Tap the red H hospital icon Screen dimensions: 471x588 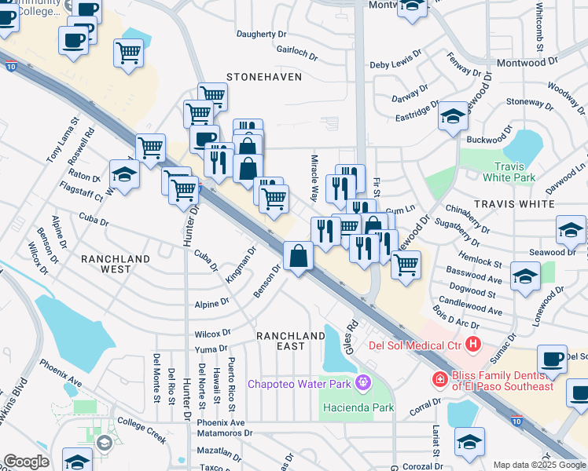click(x=473, y=344)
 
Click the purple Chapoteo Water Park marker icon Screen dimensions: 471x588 click(x=362, y=383)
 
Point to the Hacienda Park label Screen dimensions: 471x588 click(x=358, y=407)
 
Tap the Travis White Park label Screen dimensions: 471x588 click(x=515, y=172)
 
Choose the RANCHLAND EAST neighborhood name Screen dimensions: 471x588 click(x=291, y=341)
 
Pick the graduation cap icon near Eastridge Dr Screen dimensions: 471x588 click(x=453, y=116)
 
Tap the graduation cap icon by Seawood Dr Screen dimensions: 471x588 click(x=571, y=229)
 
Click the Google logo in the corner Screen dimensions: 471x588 click(x=26, y=462)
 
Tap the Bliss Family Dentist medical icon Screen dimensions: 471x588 click(x=440, y=380)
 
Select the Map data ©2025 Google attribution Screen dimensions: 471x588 click(x=539, y=465)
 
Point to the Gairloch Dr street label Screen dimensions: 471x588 click(x=296, y=52)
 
